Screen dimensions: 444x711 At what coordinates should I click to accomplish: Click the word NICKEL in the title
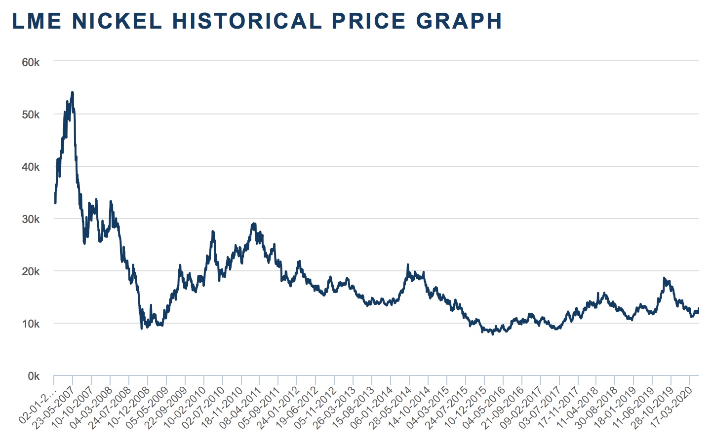[x=117, y=21]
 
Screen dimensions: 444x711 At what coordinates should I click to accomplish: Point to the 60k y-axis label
[x=31, y=63]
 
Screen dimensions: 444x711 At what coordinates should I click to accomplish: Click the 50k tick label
[x=31, y=115]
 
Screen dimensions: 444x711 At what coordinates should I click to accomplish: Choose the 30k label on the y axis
[x=31, y=220]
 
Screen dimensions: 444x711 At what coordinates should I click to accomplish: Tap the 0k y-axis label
[x=33, y=376]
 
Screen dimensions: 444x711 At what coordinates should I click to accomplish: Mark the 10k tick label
[x=31, y=324]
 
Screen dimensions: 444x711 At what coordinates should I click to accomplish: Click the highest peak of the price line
[x=73, y=92]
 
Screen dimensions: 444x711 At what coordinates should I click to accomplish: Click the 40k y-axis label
[x=31, y=167]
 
